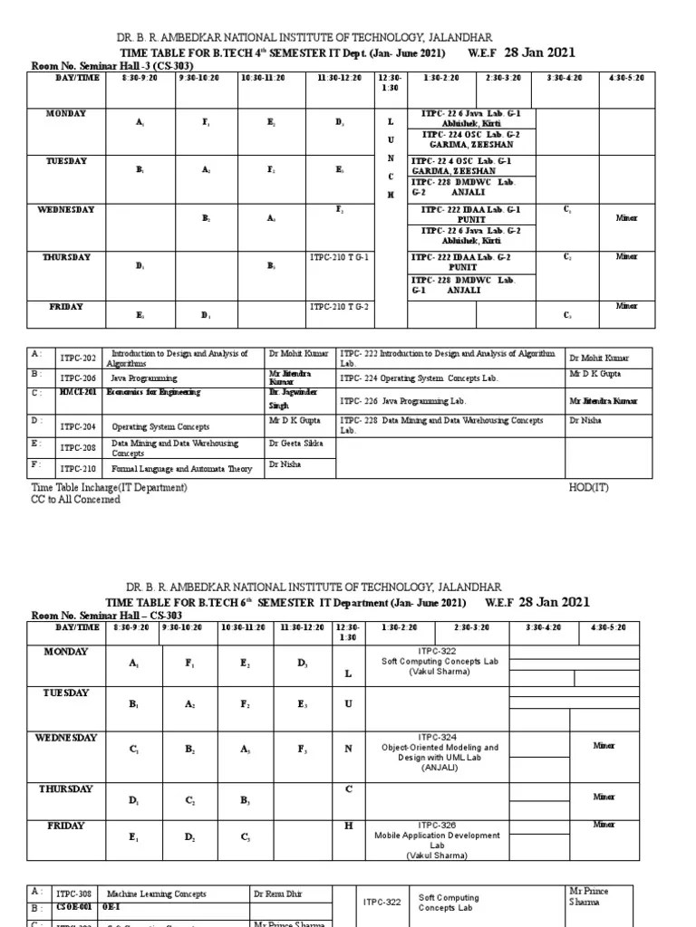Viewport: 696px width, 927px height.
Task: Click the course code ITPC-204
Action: pyautogui.click(x=77, y=426)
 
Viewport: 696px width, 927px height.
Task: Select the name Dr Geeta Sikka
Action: pyautogui.click(x=295, y=444)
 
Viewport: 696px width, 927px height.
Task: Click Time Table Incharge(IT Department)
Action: pyautogui.click(x=110, y=487)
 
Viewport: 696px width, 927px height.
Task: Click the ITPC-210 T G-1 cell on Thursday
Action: pyautogui.click(x=340, y=258)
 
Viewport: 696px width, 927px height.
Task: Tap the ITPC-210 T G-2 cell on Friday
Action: pyautogui.click(x=340, y=307)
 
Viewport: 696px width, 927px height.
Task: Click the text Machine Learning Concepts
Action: pyautogui.click(x=157, y=894)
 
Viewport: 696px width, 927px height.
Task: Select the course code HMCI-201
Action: pyautogui.click(x=79, y=393)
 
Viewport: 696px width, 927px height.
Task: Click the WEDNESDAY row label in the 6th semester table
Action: pyautogui.click(x=65, y=738)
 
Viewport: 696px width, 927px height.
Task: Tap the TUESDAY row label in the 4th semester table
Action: pyautogui.click(x=67, y=161)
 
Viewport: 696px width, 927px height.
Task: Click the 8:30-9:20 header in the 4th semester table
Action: pyautogui.click(x=139, y=78)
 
